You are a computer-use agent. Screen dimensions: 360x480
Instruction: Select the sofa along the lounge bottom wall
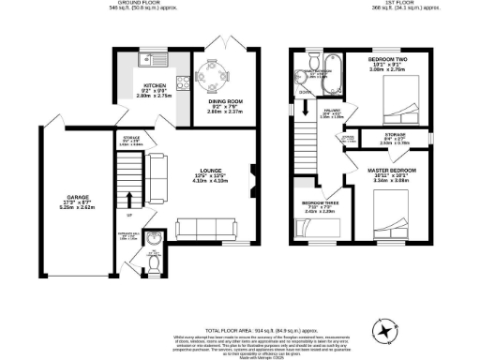(204, 228)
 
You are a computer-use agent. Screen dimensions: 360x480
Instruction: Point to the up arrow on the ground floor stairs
(128, 199)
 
